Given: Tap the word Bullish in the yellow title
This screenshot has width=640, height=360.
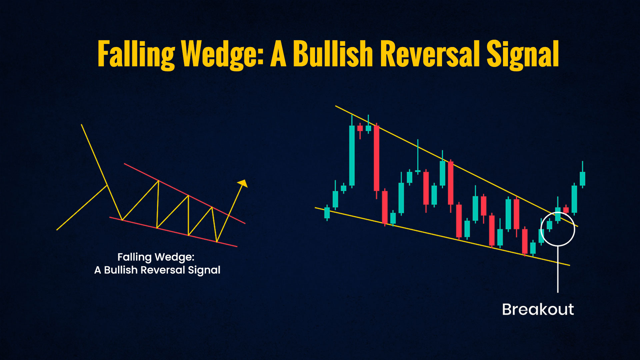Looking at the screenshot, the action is tap(333, 53).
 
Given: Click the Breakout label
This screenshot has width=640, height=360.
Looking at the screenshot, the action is tap(538, 309).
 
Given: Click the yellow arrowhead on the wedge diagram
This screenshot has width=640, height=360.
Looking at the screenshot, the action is tap(243, 183).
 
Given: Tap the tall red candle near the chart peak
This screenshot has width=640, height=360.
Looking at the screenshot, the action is tap(377, 158).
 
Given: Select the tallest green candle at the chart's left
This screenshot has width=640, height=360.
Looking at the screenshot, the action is tap(352, 155).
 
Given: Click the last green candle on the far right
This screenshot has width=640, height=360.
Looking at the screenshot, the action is tap(582, 178).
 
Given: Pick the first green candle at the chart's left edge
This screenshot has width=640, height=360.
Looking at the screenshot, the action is tap(327, 213).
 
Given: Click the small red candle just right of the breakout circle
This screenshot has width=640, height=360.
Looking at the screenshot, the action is tap(566, 210).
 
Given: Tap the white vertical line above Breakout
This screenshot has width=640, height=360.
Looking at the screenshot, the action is tap(558, 269).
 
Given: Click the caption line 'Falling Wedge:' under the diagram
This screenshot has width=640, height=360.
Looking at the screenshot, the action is tap(156, 257).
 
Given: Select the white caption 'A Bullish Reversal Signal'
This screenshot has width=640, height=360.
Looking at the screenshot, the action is tap(157, 270).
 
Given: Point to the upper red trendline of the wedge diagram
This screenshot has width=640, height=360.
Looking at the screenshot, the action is tap(185, 193).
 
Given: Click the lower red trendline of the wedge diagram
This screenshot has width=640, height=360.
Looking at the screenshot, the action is tap(173, 232).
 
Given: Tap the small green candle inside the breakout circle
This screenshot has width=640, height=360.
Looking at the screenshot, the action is tap(549, 225).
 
